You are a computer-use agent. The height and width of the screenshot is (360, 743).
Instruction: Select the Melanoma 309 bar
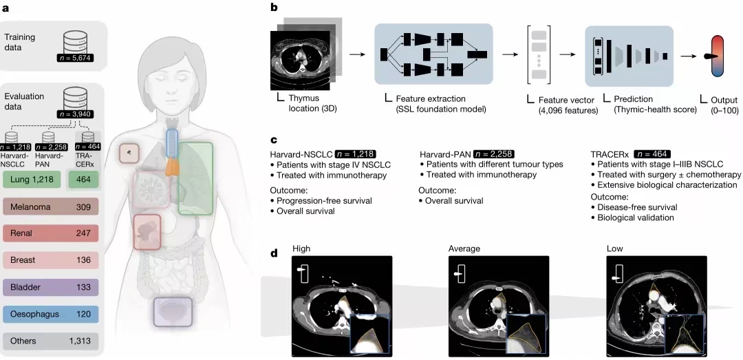click(51, 207)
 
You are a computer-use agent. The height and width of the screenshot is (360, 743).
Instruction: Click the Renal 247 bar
click(51, 233)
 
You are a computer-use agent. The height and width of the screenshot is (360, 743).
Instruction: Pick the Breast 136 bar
click(51, 260)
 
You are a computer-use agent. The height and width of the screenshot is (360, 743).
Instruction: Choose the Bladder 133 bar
click(51, 287)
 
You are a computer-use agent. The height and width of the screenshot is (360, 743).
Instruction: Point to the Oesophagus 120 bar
click(51, 314)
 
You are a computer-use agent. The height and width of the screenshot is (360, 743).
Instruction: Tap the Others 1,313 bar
click(51, 340)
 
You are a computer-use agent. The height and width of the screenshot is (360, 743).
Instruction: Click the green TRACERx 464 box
click(85, 180)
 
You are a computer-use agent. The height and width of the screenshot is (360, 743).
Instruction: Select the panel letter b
click(274, 8)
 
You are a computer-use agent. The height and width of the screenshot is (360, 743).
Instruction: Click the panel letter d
click(274, 253)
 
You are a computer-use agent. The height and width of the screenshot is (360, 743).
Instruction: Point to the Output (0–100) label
click(719, 104)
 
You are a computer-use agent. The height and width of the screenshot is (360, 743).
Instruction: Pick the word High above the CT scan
click(301, 248)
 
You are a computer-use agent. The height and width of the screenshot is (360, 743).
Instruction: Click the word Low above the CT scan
click(614, 248)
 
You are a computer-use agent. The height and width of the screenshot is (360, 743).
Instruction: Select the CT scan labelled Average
click(499, 306)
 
